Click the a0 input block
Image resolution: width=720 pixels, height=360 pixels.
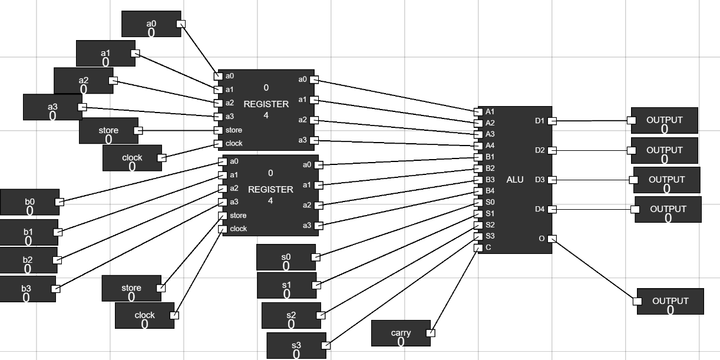tap(151, 24)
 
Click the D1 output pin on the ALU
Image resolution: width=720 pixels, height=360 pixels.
tap(552, 121)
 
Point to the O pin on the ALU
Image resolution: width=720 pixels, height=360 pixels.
tap(552, 239)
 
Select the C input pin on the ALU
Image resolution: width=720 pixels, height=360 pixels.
tap(478, 247)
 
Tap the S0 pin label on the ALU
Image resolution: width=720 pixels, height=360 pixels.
tap(490, 202)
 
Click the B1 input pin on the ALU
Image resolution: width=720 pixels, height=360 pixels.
tap(478, 157)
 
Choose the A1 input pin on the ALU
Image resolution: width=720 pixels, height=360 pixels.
tap(478, 111)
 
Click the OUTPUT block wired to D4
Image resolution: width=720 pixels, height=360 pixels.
tap(668, 209)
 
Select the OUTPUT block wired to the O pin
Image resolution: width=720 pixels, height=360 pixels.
tap(670, 301)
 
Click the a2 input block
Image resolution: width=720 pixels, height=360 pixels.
tap(83, 81)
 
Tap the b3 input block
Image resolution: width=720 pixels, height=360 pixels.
tap(27, 289)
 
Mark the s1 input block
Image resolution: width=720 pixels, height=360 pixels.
tap(286, 285)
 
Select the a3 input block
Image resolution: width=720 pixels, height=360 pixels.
tap(52, 107)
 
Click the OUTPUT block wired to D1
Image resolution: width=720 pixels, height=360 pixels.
tap(664, 120)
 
